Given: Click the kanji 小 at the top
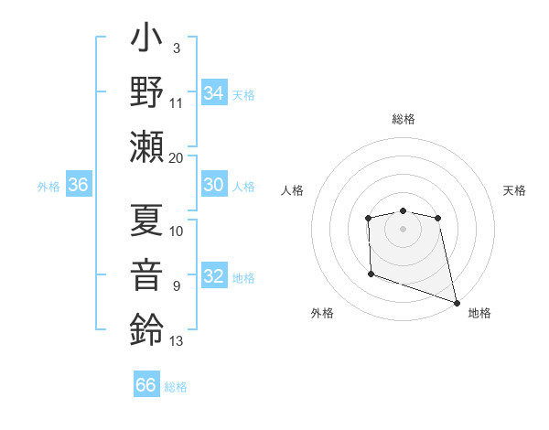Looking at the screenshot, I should coord(147,42).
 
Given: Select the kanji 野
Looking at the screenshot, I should coord(147,92).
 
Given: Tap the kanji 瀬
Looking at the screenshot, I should coord(147,145).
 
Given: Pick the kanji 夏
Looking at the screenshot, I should coord(147,220).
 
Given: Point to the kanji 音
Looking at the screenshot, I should coord(147,275).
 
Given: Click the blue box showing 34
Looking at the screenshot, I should coord(214,92).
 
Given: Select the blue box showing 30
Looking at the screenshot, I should coord(214,184).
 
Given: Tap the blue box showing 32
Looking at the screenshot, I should coord(214,276).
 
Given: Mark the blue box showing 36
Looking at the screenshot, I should coord(79,185).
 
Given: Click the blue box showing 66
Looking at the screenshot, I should coord(146,385).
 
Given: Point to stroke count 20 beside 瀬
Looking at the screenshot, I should coord(177,157).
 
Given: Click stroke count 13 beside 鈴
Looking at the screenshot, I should coord(177,341).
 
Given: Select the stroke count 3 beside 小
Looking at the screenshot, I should coord(177,48).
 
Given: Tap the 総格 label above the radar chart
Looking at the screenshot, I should coord(403,119).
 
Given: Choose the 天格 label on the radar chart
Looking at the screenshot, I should coord(514,190).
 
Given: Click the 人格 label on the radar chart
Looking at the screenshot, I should coord(292,190).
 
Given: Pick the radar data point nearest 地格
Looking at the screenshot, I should coord(457,302).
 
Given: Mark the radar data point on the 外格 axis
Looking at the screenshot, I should coord(371,274).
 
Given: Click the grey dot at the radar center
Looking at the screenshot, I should coord(403,229).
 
